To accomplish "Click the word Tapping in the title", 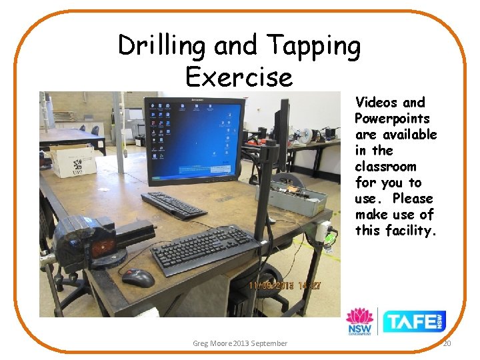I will [x=313, y=47].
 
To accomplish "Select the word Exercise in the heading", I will [x=239, y=77].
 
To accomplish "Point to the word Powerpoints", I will [x=393, y=119].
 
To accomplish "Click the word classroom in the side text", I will [x=385, y=167].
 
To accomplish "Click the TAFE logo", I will [x=414, y=321].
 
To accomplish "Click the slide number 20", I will [x=447, y=343].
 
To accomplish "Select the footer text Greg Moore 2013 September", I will [x=240, y=343].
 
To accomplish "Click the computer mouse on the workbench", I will [x=138, y=277].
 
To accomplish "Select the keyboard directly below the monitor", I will [x=173, y=203].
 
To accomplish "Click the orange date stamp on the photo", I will [x=285, y=285].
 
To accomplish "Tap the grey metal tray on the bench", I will [x=291, y=198].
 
